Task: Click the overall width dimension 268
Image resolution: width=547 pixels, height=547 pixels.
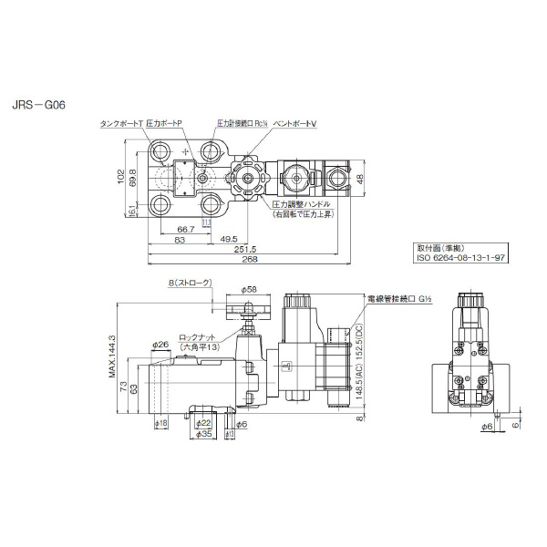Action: [243, 260]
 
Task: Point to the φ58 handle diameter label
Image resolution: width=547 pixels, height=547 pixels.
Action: [248, 289]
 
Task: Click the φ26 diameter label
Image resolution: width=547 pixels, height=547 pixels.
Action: [160, 345]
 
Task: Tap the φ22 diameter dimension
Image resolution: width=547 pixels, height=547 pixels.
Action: [204, 422]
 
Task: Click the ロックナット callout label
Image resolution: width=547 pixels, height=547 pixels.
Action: [198, 336]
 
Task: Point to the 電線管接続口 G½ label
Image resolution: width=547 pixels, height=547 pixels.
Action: [403, 298]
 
